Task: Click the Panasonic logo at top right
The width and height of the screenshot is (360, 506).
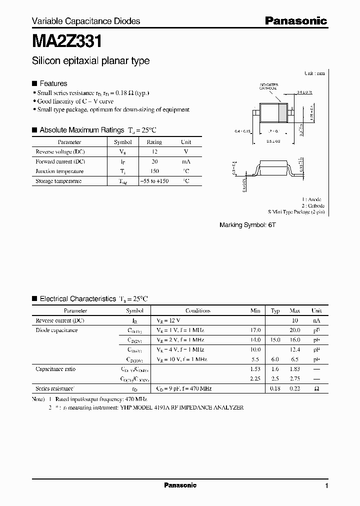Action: pos(295,20)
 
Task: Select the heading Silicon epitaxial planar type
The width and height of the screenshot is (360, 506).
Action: pos(90,61)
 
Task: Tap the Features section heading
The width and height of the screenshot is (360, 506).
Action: pos(53,83)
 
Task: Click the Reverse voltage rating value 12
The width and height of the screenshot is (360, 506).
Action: pos(154,151)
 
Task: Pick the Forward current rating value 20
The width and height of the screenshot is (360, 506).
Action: pos(154,161)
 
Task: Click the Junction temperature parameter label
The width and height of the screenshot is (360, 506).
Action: pos(59,171)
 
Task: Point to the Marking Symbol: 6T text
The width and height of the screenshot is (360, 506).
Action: pos(247,225)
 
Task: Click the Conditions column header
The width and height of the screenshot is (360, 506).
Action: pos(198,310)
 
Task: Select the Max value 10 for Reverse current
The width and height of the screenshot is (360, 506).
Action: pos(295,320)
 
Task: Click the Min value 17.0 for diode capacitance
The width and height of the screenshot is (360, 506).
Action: pos(255,330)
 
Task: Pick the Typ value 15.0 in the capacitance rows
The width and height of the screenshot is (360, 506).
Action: pos(275,340)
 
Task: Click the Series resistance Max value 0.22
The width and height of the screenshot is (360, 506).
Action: pos(295,388)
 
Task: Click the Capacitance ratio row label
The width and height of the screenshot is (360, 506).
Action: pos(55,369)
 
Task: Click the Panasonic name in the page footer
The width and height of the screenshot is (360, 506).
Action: pos(180,485)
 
